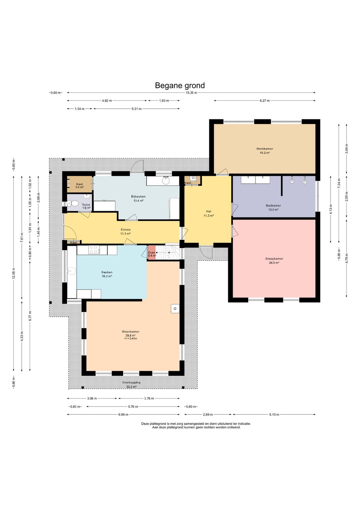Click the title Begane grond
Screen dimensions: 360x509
click(x=180, y=85)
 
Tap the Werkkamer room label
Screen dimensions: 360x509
click(x=265, y=149)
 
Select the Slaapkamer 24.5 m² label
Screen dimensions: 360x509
click(x=274, y=261)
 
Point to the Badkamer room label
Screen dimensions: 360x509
click(x=273, y=206)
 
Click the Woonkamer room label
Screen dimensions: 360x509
click(x=130, y=332)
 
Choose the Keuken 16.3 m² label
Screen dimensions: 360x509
click(x=107, y=274)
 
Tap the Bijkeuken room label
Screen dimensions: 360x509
click(x=138, y=196)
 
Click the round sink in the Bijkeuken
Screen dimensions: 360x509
click(x=166, y=181)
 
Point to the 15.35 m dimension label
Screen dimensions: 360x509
click(x=191, y=93)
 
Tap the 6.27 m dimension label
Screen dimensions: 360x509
click(x=265, y=101)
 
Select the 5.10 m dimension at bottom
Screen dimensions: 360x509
click(x=274, y=415)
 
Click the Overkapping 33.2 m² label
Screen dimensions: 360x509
click(x=131, y=385)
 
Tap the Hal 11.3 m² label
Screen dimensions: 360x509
click(x=209, y=213)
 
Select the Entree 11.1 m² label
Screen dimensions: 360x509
click(x=125, y=231)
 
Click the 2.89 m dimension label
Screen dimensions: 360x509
click(x=208, y=415)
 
